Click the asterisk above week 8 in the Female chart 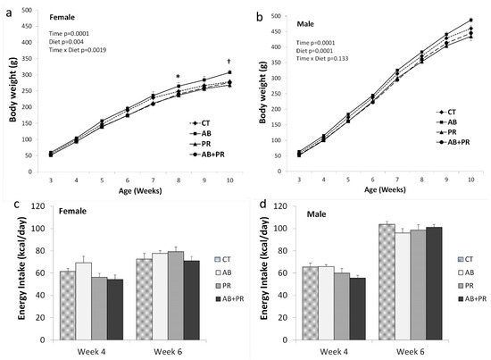[x=179, y=76]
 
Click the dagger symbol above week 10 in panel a [x=229, y=62]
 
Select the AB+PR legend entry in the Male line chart [x=454, y=142]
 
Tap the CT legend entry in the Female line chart [x=200, y=123]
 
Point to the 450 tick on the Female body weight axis [x=27, y=26]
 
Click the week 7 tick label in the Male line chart [x=397, y=180]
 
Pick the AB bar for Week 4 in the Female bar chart [x=84, y=301]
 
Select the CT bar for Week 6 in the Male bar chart [x=387, y=282]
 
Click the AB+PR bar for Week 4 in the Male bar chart [x=358, y=309]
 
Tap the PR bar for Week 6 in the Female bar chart [x=176, y=296]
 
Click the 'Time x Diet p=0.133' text [x=322, y=59]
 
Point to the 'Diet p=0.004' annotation [x=66, y=42]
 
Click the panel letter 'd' [x=263, y=205]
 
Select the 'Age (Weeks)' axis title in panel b [x=385, y=189]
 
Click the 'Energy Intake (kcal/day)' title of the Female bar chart [x=21, y=268]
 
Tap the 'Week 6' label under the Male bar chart [x=411, y=352]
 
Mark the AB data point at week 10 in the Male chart [x=470, y=20]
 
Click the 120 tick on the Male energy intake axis [x=281, y=206]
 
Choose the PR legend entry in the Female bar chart [x=223, y=286]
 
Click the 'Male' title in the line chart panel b [x=305, y=24]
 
